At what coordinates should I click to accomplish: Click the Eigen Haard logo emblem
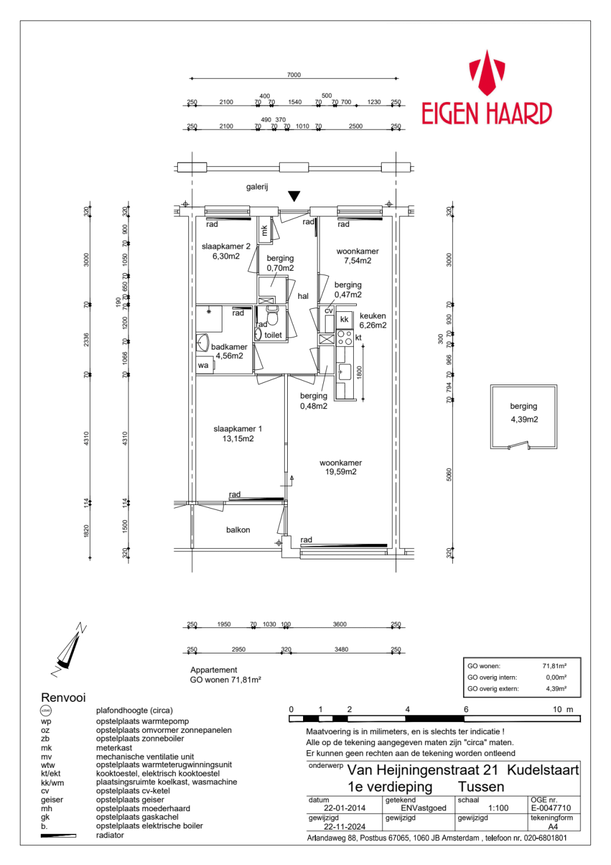point(486,73)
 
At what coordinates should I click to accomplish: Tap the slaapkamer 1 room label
point(238,433)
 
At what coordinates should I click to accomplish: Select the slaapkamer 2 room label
point(225,251)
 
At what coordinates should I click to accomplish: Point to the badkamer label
point(229,347)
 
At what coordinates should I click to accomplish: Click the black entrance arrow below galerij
point(294,196)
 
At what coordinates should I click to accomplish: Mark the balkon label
point(238,530)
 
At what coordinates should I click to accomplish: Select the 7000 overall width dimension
point(294,75)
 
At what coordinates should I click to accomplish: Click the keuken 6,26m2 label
point(373,320)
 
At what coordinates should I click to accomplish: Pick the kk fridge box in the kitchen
point(344,319)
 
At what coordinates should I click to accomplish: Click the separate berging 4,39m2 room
point(524,413)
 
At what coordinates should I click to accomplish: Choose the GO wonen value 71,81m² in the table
point(554,666)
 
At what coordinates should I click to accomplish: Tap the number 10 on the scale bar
point(557,709)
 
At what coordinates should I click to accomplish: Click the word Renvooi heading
point(63,698)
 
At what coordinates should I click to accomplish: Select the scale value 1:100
point(498,808)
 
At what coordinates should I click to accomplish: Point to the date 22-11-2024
point(345,826)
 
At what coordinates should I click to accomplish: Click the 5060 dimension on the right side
point(449,474)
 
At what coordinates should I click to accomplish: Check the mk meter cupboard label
point(265,230)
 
